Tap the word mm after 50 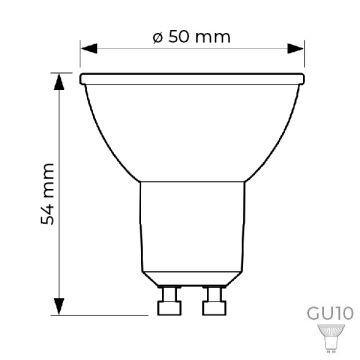click(213, 37)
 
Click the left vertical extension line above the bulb click(81, 58)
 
